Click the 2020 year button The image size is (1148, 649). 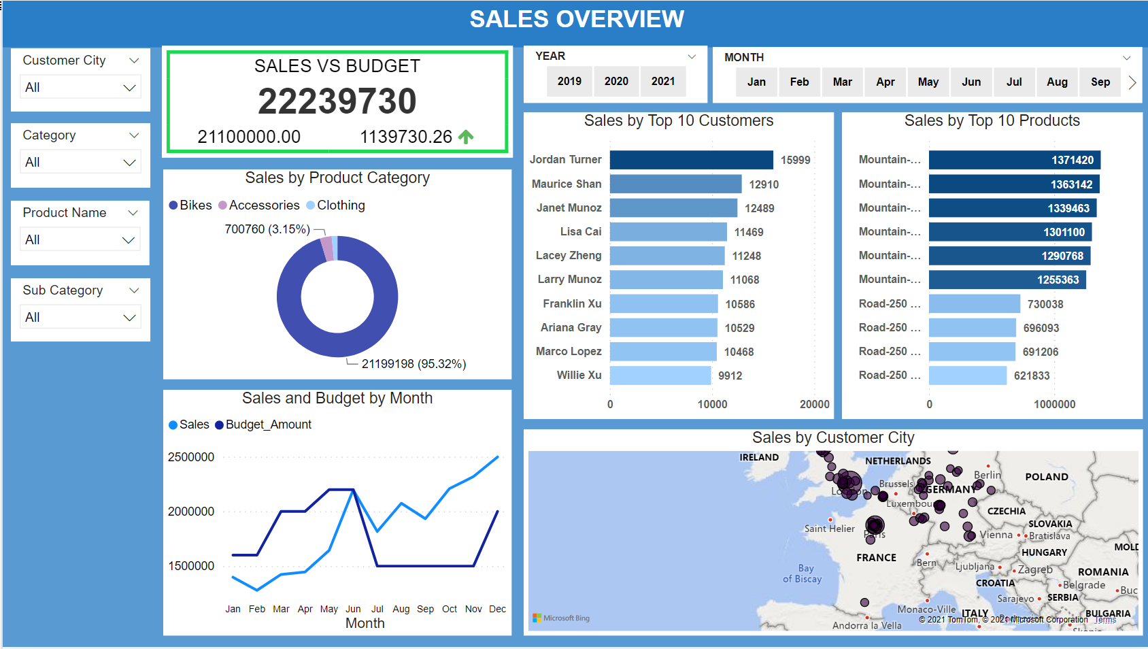click(616, 82)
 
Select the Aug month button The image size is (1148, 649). click(1057, 82)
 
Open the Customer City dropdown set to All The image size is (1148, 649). click(80, 88)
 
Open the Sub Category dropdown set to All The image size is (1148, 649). click(80, 318)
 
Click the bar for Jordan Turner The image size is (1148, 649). click(691, 160)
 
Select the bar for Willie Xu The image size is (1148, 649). click(660, 376)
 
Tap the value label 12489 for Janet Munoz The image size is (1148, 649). click(759, 208)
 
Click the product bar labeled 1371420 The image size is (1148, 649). click(1014, 160)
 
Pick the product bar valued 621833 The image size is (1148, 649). click(967, 376)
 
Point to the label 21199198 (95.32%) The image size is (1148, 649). click(413, 364)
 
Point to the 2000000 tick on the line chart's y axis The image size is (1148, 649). click(191, 512)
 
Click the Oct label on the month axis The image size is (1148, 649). click(450, 609)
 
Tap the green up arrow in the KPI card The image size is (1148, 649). click(466, 137)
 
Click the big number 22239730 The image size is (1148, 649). click(337, 101)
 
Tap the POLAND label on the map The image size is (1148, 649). click(1046, 477)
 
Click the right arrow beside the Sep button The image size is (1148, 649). click(1132, 82)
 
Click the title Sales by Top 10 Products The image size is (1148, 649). click(992, 121)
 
